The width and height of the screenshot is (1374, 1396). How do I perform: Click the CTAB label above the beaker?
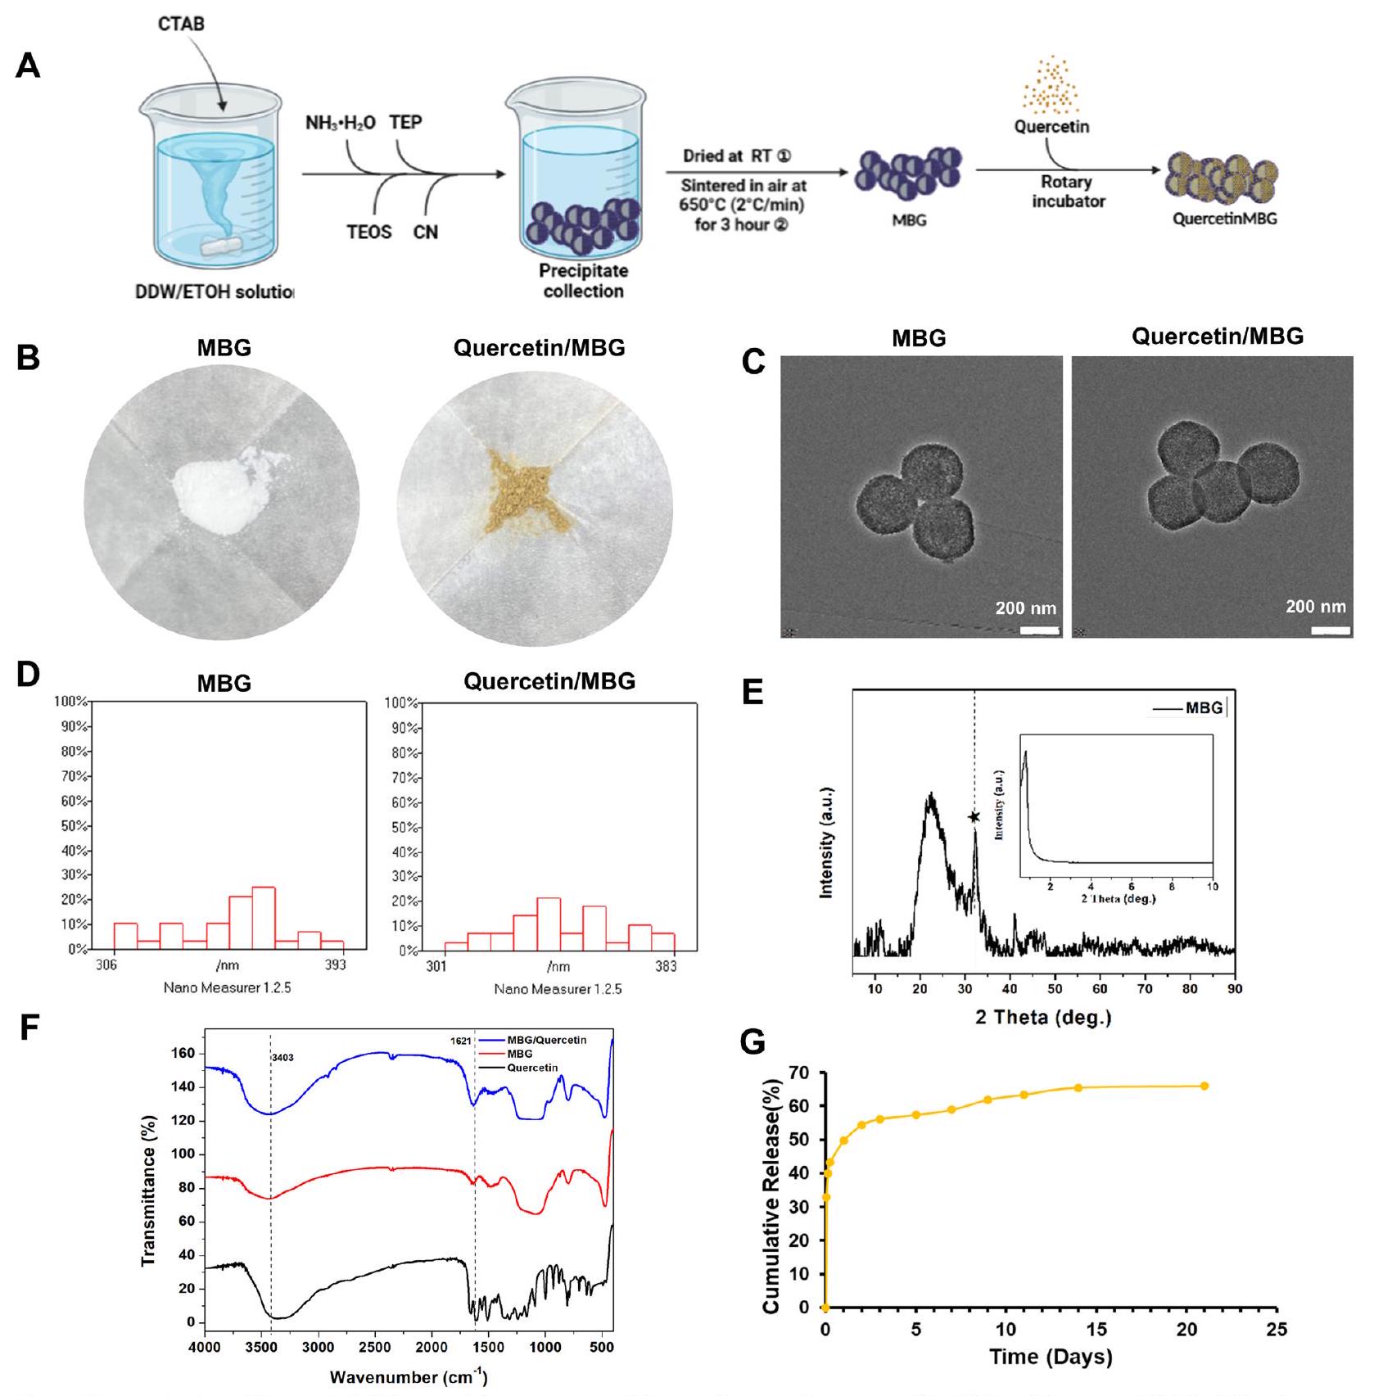[x=181, y=24]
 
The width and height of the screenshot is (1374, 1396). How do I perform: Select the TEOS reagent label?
[x=368, y=233]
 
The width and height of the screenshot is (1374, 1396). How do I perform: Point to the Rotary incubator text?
[x=1068, y=192]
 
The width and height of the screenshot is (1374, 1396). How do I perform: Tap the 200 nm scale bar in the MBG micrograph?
[x=1040, y=630]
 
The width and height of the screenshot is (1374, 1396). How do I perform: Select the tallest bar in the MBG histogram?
[x=264, y=918]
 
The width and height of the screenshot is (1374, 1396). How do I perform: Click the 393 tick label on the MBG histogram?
[x=335, y=965]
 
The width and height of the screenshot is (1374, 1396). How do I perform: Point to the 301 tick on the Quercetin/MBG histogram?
[x=436, y=967]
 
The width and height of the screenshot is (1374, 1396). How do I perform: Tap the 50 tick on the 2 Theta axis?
[x=1055, y=988]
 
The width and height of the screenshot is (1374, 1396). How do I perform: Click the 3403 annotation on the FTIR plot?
[x=282, y=1058]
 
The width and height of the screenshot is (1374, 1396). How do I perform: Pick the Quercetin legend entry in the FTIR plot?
[x=532, y=1068]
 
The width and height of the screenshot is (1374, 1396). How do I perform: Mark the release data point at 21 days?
[x=1205, y=1086]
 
